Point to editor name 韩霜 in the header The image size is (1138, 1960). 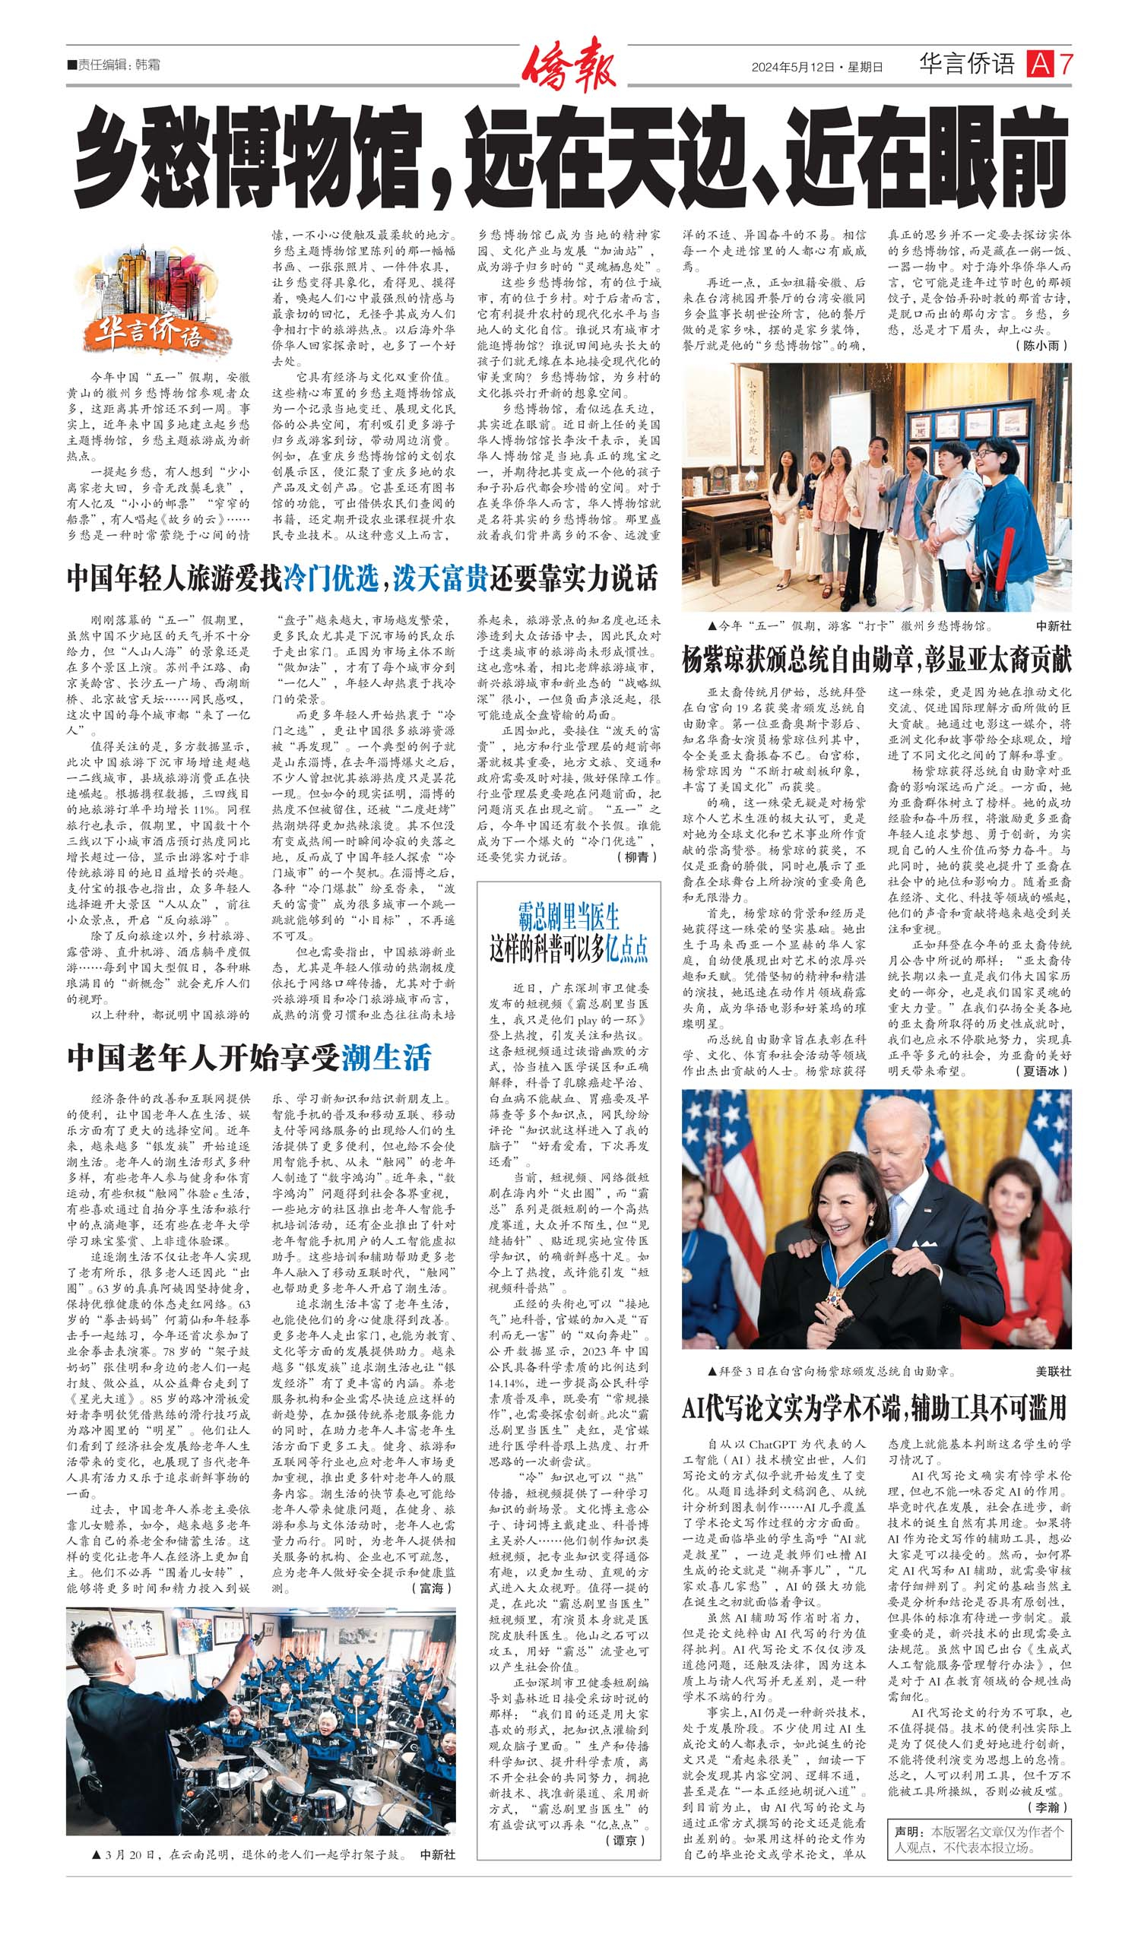(x=147, y=65)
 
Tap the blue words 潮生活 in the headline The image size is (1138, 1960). (x=386, y=1059)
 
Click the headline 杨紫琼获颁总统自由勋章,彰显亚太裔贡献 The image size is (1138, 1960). (x=876, y=660)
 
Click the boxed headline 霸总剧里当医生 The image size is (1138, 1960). (x=569, y=918)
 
